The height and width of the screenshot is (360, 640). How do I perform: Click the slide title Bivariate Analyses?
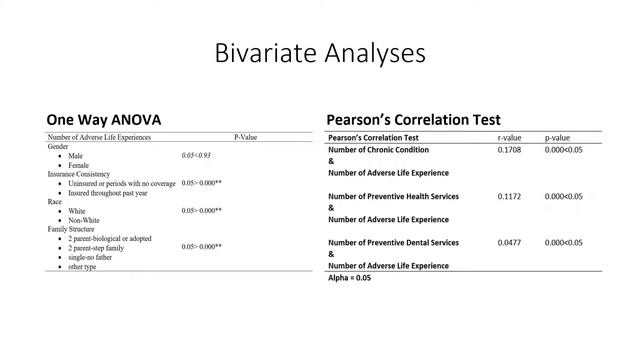pos(320,52)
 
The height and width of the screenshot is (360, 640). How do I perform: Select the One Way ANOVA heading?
pos(103,119)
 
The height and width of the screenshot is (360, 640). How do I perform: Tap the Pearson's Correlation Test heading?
pos(413,119)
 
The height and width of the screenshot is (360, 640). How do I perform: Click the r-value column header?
pos(512,137)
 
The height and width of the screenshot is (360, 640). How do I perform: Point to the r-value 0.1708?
pos(510,150)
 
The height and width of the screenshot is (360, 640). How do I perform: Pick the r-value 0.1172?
pos(510,196)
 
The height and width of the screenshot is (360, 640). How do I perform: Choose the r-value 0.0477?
pos(510,242)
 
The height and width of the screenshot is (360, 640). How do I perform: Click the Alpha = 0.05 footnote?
pos(350,278)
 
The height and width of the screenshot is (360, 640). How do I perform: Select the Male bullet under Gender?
pos(76,156)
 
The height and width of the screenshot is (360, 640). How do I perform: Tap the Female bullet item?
pos(79,165)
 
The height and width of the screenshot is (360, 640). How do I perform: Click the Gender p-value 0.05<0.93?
pos(196,156)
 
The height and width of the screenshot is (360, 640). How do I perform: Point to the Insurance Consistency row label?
pos(83,174)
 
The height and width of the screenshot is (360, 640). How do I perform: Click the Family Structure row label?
pos(75,229)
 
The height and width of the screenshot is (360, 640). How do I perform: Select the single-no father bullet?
pos(93,257)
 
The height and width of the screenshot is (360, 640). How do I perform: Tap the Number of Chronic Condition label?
pos(378,150)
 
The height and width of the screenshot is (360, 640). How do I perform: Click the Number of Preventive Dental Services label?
pos(394,242)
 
